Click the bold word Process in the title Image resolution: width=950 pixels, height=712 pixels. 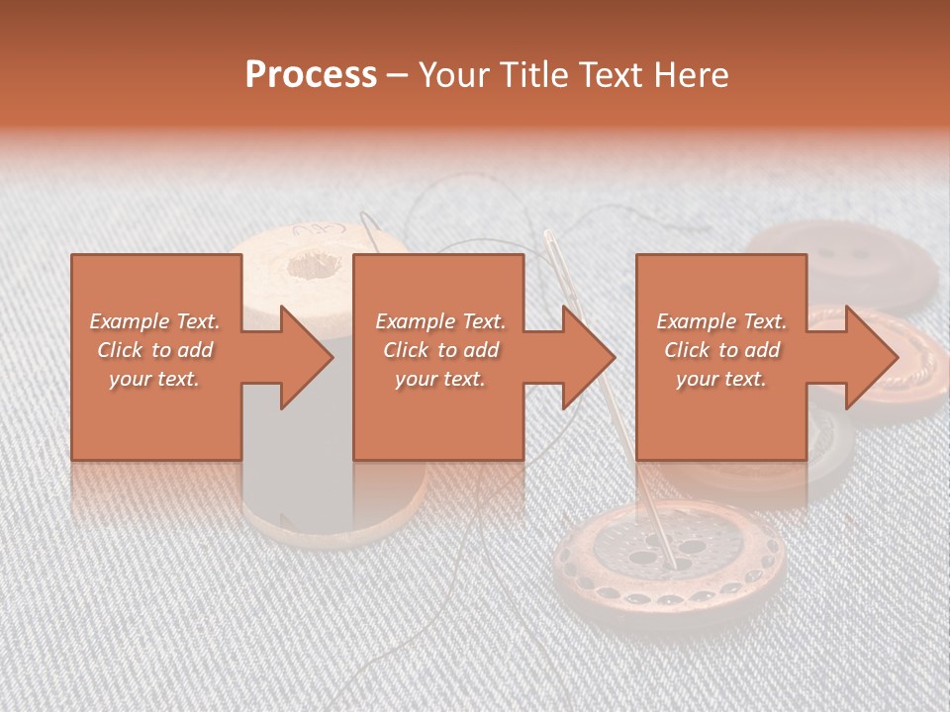click(x=311, y=74)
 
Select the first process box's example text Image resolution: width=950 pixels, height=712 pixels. click(x=155, y=350)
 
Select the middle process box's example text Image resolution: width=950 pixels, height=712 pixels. click(x=440, y=350)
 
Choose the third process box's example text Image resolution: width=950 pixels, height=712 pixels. click(x=721, y=350)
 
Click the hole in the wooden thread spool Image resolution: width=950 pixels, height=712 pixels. click(x=315, y=264)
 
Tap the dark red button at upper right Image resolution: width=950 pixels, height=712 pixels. click(x=841, y=260)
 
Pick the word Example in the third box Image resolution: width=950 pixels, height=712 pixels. click(x=696, y=321)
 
